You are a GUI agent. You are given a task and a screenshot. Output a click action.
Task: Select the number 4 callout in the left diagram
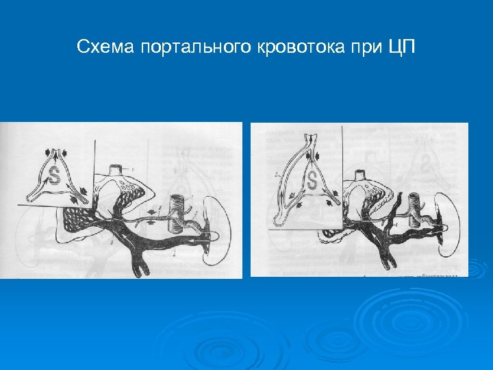pyautogui.click(x=175, y=255)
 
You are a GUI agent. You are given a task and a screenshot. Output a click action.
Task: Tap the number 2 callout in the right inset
pyautogui.click(x=275, y=175)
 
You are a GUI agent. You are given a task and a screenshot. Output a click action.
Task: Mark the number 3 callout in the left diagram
pyautogui.click(x=111, y=243)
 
